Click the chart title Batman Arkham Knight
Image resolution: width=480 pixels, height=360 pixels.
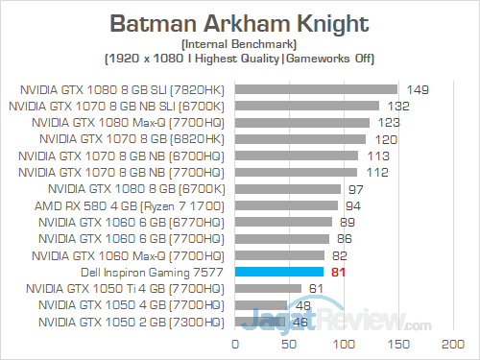pyautogui.click(x=239, y=22)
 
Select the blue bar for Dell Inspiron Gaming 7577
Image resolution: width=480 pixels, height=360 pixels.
pyautogui.click(x=278, y=273)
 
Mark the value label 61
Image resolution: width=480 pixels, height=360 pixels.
pyautogui.click(x=316, y=288)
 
